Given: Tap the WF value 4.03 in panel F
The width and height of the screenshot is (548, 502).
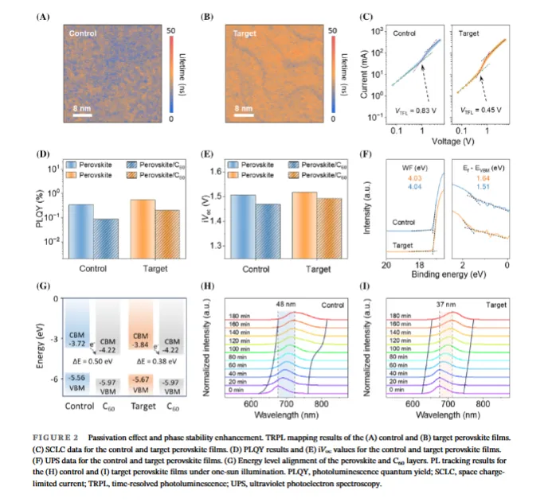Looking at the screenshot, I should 413,165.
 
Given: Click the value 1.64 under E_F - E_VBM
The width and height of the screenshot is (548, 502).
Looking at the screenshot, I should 484,165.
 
